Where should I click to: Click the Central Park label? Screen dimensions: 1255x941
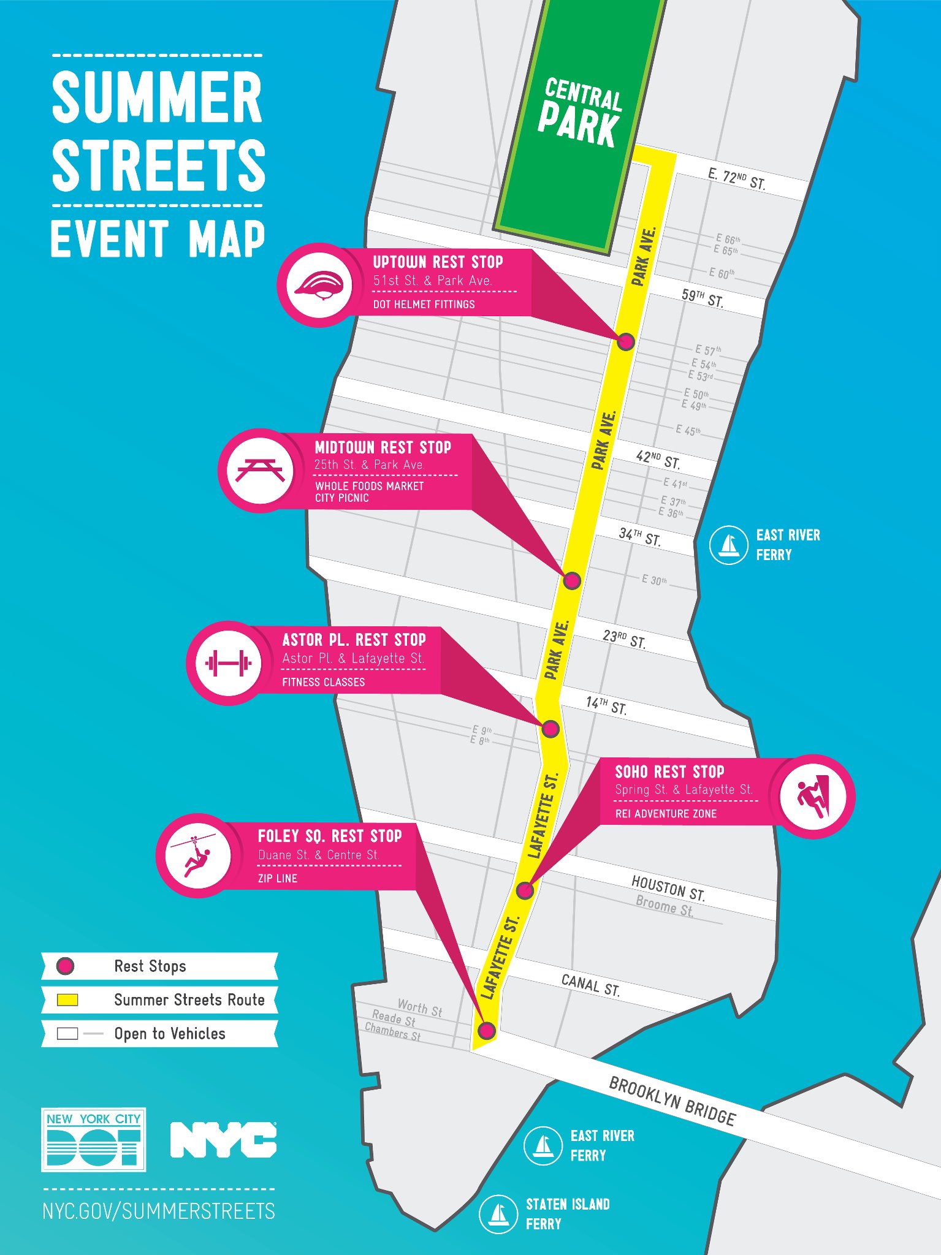click(x=579, y=113)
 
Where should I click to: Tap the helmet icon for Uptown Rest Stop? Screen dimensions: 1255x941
click(x=320, y=285)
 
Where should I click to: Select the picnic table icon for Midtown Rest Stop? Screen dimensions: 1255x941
click(x=261, y=471)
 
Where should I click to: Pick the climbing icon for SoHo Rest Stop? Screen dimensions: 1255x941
click(x=812, y=796)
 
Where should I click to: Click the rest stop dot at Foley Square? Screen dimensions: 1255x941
click(x=487, y=1030)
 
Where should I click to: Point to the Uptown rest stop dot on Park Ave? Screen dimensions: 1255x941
click(x=625, y=341)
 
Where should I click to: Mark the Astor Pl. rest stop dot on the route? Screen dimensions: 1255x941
click(x=551, y=729)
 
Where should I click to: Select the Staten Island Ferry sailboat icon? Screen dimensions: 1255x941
click(x=498, y=1213)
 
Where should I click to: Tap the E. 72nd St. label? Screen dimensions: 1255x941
click(x=736, y=179)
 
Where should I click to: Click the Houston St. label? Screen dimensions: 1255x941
click(x=668, y=888)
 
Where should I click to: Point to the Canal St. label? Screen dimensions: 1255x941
click(x=590, y=985)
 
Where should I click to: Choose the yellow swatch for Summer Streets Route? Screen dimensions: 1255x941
click(x=67, y=1000)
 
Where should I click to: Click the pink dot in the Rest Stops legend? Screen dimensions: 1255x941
click(x=65, y=966)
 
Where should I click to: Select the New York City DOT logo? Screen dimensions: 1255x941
click(x=93, y=1140)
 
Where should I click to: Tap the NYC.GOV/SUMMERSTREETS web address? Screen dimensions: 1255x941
click(x=159, y=1211)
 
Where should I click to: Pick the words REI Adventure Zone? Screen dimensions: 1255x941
click(x=666, y=814)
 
